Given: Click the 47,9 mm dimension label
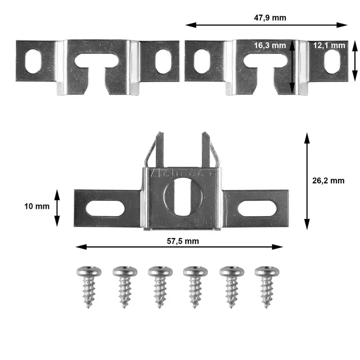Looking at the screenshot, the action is [270, 18].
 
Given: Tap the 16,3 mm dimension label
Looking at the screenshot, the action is [270, 46].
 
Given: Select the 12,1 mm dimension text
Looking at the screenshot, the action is [329, 46].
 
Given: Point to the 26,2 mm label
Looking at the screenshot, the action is [328, 181].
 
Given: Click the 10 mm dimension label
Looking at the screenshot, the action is [37, 206].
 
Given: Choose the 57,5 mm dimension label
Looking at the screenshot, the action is [183, 241].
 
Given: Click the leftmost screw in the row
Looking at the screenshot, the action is [89, 287].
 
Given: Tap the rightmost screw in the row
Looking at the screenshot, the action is [267, 287].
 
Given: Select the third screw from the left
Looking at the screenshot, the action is [160, 287].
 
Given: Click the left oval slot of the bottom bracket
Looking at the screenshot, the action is [105, 208].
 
